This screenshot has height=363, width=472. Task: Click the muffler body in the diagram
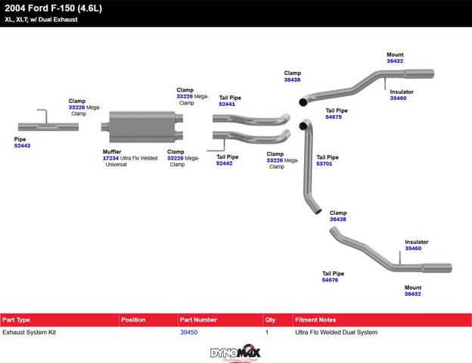pyautogui.click(x=142, y=127)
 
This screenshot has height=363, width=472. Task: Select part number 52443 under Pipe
pyautogui.click(x=22, y=146)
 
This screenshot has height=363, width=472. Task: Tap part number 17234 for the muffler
pyautogui.click(x=110, y=158)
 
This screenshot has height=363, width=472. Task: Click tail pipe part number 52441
pyautogui.click(x=227, y=104)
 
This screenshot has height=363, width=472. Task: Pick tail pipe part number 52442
pyautogui.click(x=224, y=163)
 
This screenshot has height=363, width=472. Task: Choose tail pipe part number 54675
pyautogui.click(x=334, y=117)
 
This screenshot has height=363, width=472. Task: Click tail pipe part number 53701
pyautogui.click(x=324, y=164)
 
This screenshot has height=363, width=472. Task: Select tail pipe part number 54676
pyautogui.click(x=330, y=281)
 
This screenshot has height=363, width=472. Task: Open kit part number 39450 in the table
pyautogui.click(x=189, y=332)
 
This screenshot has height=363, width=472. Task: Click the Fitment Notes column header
pyautogui.click(x=315, y=320)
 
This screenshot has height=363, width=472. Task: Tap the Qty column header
pyautogui.click(x=270, y=320)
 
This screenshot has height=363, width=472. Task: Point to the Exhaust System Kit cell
pyautogui.click(x=29, y=332)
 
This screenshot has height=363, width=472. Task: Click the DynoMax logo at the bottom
pyautogui.click(x=235, y=353)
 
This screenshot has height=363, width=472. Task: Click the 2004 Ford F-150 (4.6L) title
pyautogui.click(x=53, y=8)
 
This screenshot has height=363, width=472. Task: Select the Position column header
pyautogui.click(x=133, y=320)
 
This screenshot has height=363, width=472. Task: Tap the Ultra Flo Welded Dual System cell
pyautogui.click(x=337, y=332)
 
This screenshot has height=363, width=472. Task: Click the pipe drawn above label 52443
pyautogui.click(x=48, y=127)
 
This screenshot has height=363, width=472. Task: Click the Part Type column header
pyautogui.click(x=16, y=320)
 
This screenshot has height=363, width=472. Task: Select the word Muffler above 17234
pyautogui.click(x=112, y=152)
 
